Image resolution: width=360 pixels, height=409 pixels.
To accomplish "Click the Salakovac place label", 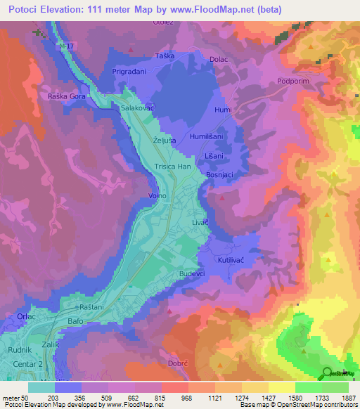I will (x=137, y=109).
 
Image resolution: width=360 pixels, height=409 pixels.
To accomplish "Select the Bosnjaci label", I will (x=220, y=174).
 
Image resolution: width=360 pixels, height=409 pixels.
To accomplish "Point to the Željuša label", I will (x=163, y=141).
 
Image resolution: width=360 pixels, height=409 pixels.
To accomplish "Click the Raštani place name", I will (x=92, y=308).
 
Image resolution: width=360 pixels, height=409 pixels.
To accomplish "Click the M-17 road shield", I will (x=67, y=46).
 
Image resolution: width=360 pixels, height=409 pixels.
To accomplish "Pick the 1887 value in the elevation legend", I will (x=345, y=398).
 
